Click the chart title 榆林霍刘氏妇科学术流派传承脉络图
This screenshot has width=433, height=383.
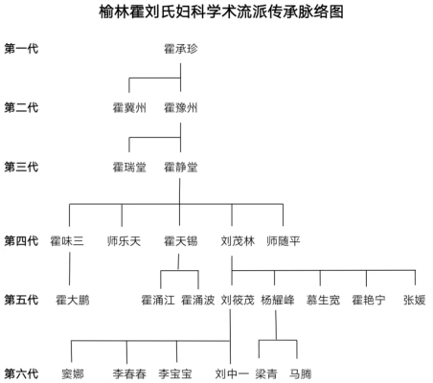221,11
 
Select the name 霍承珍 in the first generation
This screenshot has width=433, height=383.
181,49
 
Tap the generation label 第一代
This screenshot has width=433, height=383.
21,49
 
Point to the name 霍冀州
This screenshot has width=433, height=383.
129,108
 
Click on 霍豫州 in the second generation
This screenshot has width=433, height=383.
181,108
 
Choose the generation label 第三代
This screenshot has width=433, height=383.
21,167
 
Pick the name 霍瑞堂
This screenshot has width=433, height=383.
129,167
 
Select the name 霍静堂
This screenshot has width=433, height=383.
181,167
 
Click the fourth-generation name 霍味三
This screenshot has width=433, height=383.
67,241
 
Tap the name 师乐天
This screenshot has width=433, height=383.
124,241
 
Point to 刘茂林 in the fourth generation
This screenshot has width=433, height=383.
238,241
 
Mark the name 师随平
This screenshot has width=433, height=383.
284,241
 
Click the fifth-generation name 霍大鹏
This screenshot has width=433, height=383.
73,300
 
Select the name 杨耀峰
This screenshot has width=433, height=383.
278,300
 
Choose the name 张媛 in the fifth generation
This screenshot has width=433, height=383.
415,300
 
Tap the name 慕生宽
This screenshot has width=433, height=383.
323,300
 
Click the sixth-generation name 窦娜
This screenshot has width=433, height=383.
73,373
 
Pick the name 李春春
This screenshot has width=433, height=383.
129,373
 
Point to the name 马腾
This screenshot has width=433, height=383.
301,373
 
